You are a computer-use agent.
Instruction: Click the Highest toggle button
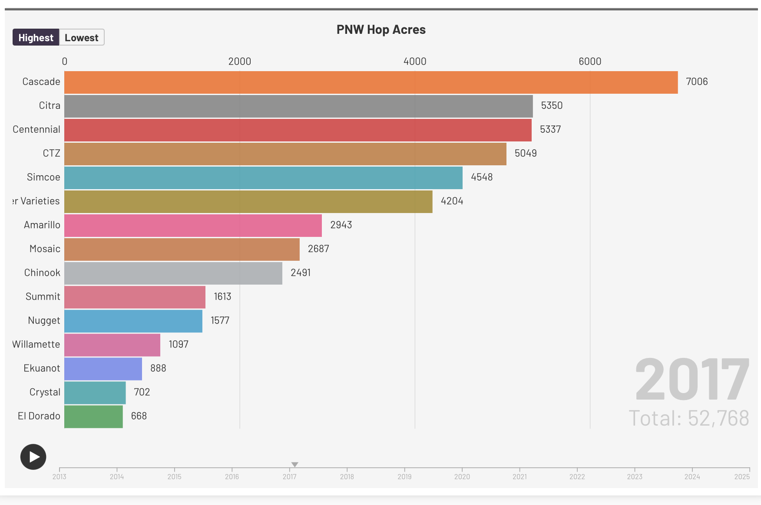[36, 38]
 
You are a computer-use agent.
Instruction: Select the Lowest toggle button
[82, 38]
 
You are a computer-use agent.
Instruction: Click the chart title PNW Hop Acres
[381, 30]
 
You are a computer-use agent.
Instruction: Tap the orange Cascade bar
[371, 82]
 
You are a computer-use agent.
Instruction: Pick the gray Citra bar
[298, 106]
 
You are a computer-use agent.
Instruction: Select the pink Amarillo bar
[193, 226]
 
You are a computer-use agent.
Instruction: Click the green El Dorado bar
[93, 416]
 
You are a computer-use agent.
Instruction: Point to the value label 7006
[697, 82]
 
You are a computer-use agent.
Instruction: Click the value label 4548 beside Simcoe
[482, 177]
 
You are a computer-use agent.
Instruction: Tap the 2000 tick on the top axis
[239, 61]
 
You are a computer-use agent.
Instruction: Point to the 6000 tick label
[589, 61]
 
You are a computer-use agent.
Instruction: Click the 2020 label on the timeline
[462, 476]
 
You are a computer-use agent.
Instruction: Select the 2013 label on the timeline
[60, 476]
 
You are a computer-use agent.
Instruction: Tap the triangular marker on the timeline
[294, 465]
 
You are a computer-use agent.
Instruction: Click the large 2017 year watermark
[692, 379]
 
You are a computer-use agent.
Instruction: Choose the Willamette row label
[36, 344]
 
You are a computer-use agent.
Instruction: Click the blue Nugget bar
[133, 321]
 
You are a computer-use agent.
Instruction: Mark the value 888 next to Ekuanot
[158, 368]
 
